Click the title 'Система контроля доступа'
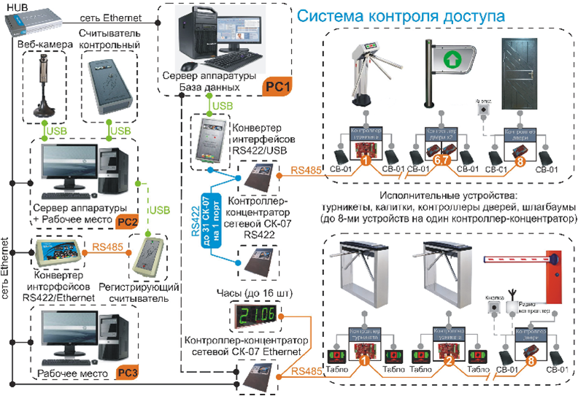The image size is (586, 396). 399,15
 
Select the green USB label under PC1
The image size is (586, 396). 223,107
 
